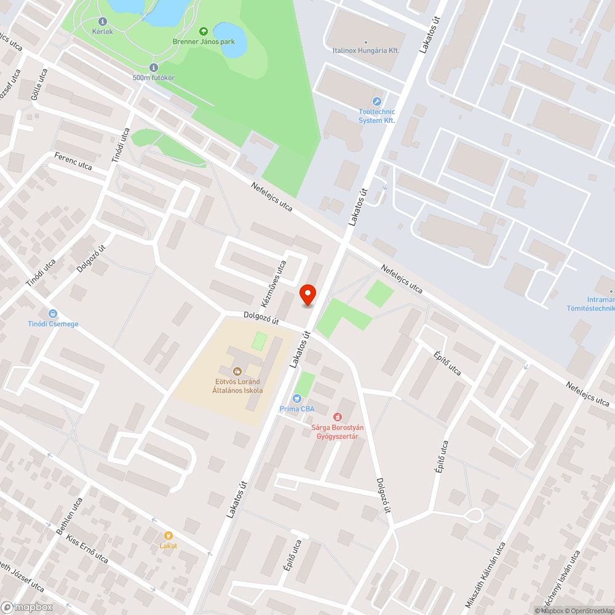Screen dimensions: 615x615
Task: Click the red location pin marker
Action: [x=307, y=295]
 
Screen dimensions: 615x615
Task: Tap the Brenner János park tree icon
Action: [x=203, y=31]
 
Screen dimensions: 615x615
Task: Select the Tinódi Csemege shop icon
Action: [x=52, y=313]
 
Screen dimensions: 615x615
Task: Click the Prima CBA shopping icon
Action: [x=298, y=398]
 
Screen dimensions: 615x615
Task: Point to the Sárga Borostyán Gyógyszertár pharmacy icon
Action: [x=337, y=418]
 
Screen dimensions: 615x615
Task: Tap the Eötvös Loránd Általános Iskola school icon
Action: [x=237, y=371]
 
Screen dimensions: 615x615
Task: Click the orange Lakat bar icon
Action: [x=168, y=536]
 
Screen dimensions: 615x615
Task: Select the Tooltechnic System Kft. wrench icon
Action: [x=377, y=101]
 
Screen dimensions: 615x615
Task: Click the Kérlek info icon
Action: [x=102, y=21]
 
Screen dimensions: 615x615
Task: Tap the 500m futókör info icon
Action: [x=154, y=68]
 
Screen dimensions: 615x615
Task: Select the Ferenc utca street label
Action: [x=73, y=162]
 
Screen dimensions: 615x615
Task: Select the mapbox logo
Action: [x=27, y=607]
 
